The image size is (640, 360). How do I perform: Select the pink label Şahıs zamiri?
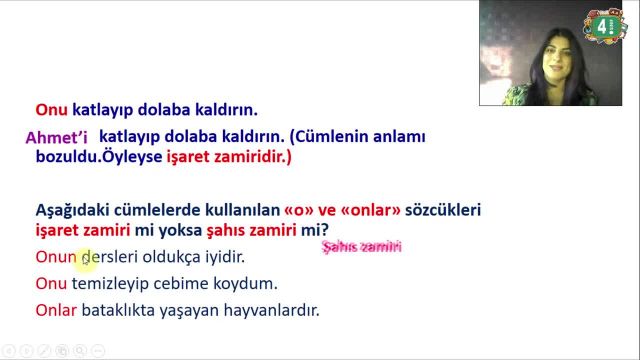[x=361, y=246]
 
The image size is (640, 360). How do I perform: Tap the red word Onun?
[x=56, y=257]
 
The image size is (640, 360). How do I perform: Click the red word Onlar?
[x=56, y=310]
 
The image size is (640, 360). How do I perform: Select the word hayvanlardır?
[x=274, y=310]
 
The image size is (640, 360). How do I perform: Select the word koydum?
[x=253, y=284]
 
